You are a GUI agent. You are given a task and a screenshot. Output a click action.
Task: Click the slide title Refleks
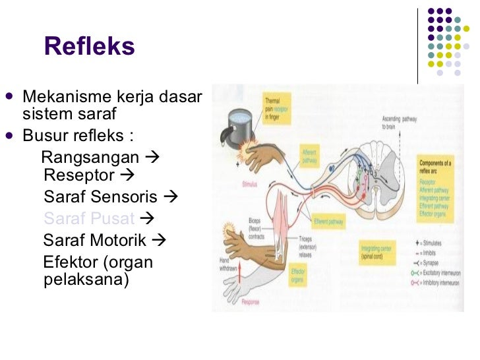pyautogui.click(x=89, y=47)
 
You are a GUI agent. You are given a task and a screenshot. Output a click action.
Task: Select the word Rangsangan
pyautogui.click(x=90, y=158)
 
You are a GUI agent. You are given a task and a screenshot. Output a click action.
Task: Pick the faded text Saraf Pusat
pyautogui.click(x=89, y=218)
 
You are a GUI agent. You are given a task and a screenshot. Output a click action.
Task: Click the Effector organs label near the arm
pyautogui.click(x=297, y=274)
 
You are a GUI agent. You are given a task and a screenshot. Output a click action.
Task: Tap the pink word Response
pyautogui.click(x=250, y=302)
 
